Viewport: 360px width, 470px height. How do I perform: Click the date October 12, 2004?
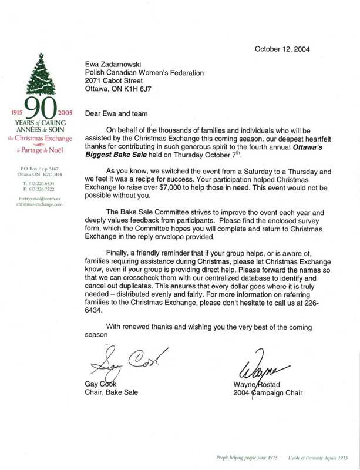[282, 49]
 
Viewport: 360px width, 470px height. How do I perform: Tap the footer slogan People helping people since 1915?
[233, 456]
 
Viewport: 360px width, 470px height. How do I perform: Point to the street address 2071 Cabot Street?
[116, 82]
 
